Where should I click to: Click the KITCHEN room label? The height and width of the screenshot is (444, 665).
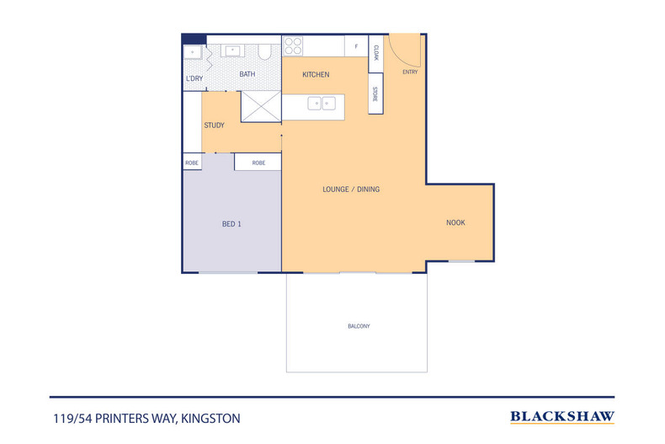[x=316, y=75]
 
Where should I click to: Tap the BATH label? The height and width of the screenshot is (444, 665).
[x=247, y=74]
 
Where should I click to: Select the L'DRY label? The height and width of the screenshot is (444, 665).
[x=194, y=78]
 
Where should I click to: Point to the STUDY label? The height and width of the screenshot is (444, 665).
[x=214, y=126]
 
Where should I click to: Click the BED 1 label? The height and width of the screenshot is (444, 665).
[x=231, y=224]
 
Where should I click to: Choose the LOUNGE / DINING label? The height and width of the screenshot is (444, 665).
[x=351, y=190]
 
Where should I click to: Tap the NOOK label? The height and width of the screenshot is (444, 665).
[x=455, y=223]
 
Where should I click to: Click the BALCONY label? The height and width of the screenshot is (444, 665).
[x=359, y=326]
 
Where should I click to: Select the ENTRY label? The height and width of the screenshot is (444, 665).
[x=410, y=72]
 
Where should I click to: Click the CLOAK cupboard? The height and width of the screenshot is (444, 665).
[x=375, y=53]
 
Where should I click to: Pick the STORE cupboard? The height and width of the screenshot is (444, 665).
[x=375, y=94]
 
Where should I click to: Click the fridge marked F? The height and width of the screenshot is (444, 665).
[x=356, y=46]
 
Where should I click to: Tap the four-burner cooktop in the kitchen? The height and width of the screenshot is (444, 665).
[x=293, y=46]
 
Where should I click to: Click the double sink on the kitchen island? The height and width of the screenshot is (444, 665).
[x=322, y=103]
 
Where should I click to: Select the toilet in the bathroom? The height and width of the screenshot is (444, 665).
[x=264, y=51]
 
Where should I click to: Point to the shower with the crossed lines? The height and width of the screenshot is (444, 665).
[x=261, y=106]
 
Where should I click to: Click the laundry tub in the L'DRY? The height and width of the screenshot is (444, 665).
[x=193, y=52]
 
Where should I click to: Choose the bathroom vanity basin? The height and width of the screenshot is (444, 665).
[x=232, y=51]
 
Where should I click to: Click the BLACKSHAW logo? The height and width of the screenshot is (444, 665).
[x=562, y=417]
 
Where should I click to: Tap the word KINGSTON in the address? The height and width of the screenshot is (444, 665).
[x=210, y=419]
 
